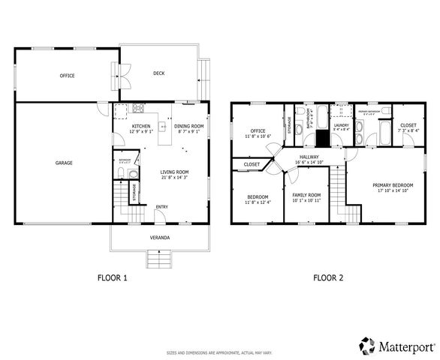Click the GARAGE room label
click(x=63, y=162)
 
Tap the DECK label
click(x=158, y=73)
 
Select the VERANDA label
click(x=159, y=238)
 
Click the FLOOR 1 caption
click(x=113, y=277)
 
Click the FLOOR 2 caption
click(x=328, y=277)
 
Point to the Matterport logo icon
click(x=366, y=346)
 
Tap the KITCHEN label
click(x=141, y=126)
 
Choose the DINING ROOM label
click(x=188, y=126)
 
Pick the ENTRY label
click(x=161, y=207)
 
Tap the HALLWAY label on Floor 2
click(x=309, y=157)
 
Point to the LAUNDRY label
click(x=342, y=125)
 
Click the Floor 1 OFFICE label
click(x=67, y=76)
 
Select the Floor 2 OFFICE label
click(x=258, y=132)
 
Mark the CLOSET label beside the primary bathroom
click(x=408, y=125)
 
